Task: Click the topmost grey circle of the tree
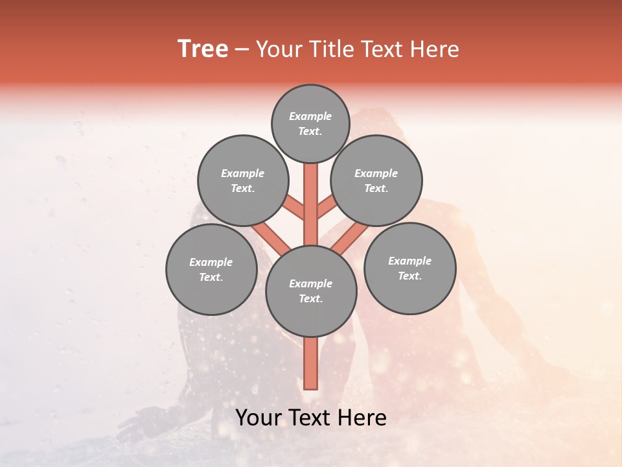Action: coord(310,123)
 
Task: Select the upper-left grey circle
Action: coord(242,180)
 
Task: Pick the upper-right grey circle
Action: coord(376,180)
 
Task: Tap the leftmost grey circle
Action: coord(211,269)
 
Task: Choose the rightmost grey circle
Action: coord(410,268)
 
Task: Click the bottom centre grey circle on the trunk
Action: coord(311,291)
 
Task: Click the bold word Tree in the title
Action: coord(203,49)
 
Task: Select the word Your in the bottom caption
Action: coord(259,418)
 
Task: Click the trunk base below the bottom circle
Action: coord(311,363)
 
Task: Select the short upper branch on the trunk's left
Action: coord(295,208)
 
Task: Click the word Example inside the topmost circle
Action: coord(310,116)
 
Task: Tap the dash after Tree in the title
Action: coord(242,49)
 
